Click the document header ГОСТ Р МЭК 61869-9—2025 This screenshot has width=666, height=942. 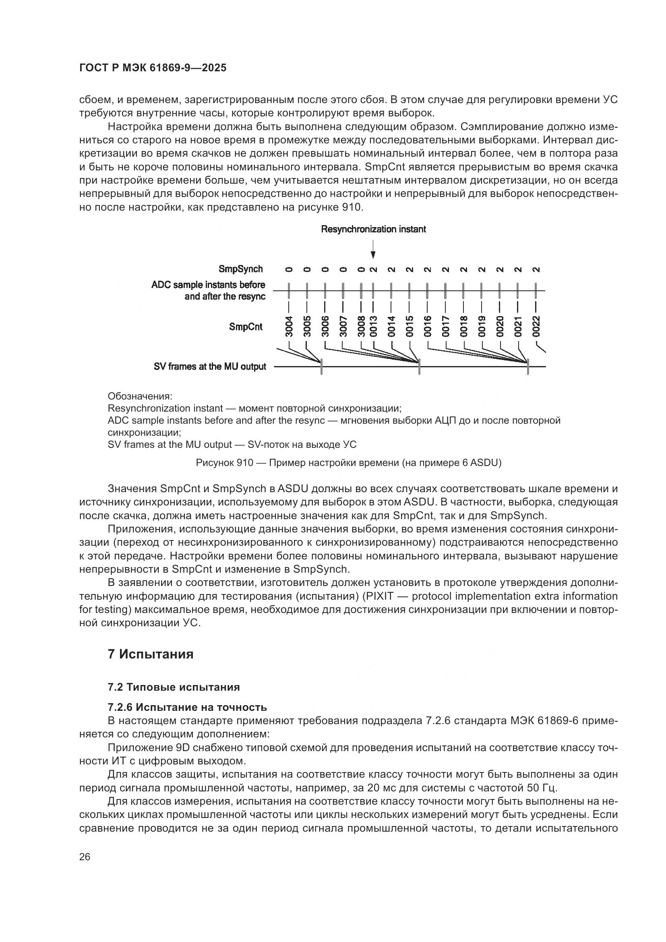(153, 68)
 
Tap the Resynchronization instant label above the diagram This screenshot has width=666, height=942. (373, 229)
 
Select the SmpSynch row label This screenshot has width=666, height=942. (240, 269)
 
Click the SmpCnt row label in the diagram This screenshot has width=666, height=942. (246, 327)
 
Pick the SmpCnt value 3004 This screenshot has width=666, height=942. (289, 327)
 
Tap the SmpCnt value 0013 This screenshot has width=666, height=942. (373, 327)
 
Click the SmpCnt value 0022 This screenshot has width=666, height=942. (536, 327)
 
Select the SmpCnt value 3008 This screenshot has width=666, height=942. (361, 327)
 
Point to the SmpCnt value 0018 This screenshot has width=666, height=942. (463, 327)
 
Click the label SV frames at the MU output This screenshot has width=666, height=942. (209, 367)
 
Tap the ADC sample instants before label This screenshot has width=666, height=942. (208, 285)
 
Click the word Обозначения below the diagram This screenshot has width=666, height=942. (140, 396)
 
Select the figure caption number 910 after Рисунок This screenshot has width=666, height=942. (244, 463)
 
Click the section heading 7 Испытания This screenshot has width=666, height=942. (150, 654)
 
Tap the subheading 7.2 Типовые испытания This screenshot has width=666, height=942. (174, 687)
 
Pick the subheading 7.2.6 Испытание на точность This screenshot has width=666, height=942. (187, 707)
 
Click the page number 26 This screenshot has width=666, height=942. (85, 857)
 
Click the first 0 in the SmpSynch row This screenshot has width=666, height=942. (289, 269)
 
